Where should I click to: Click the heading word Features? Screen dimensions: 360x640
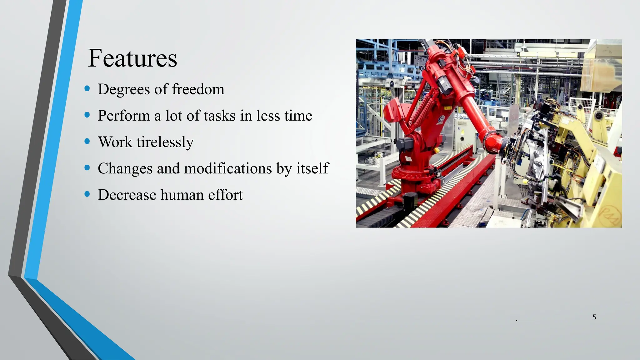[132, 58]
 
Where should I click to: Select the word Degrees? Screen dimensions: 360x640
[124, 89]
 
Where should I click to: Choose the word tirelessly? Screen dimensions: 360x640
[165, 142]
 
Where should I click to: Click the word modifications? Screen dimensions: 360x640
[228, 168]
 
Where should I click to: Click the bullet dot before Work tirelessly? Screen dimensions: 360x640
[87, 141]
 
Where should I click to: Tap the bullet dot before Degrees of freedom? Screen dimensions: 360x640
[87, 89]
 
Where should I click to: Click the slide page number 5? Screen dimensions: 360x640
[594, 317]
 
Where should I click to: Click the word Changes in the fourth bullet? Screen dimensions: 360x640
[125, 168]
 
